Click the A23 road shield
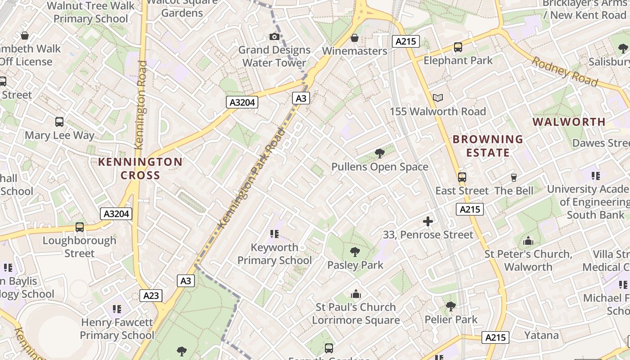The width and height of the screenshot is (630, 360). click(151, 296)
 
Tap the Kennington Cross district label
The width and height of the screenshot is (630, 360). click(140, 168)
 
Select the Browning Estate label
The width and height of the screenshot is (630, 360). click(488, 146)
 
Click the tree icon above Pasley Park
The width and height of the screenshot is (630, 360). click(355, 252)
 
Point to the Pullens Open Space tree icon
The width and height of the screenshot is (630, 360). click(380, 153)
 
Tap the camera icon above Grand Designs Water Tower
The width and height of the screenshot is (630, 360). click(274, 36)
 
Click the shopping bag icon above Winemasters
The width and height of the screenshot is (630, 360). click(355, 37)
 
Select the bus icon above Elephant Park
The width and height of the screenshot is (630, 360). click(458, 47)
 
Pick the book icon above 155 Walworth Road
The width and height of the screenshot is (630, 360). click(437, 98)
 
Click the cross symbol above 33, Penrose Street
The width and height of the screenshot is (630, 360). click(428, 221)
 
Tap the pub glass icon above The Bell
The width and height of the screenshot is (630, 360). click(513, 177)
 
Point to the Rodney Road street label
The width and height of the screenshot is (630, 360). click(565, 71)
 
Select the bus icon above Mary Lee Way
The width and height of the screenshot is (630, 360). click(59, 121)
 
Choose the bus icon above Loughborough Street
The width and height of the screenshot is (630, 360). click(80, 227)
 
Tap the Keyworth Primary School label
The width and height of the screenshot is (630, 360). click(274, 254)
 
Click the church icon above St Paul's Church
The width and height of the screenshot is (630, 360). click(356, 294)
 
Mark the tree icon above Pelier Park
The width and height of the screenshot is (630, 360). click(450, 306)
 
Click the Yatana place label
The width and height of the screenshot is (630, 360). click(541, 335)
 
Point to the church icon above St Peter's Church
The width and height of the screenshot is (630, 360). click(528, 241)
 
